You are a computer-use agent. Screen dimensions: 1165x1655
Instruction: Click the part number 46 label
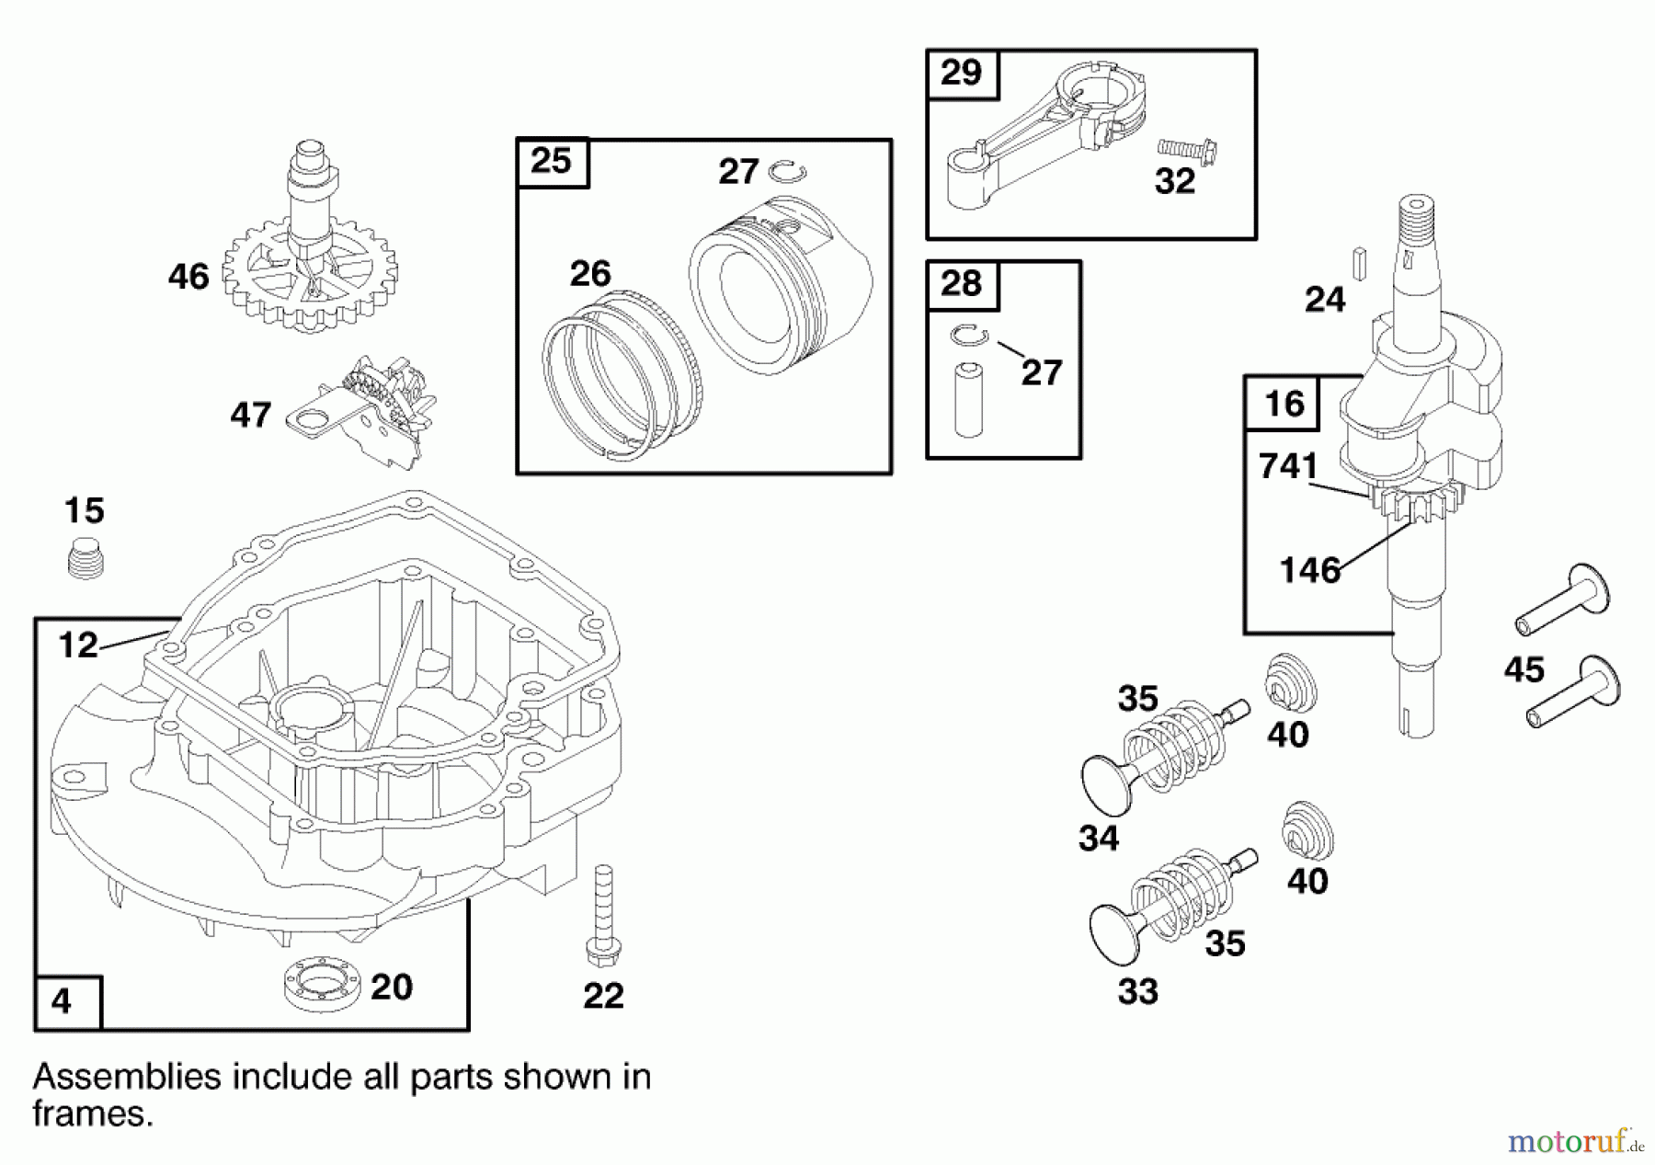point(188,276)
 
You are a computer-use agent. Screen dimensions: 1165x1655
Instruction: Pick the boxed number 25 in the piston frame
point(552,162)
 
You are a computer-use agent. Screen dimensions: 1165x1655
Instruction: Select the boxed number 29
point(961,73)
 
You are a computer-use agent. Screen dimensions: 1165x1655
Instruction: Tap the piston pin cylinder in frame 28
point(969,400)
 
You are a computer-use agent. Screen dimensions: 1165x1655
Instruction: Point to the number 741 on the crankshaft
point(1288,467)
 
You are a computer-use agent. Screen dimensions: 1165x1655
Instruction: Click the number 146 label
point(1310,571)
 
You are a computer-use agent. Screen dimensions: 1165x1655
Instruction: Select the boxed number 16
point(1284,403)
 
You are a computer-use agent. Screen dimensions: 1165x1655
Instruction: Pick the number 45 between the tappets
point(1524,669)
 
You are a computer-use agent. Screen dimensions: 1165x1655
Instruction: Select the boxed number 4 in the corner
point(62,1001)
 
